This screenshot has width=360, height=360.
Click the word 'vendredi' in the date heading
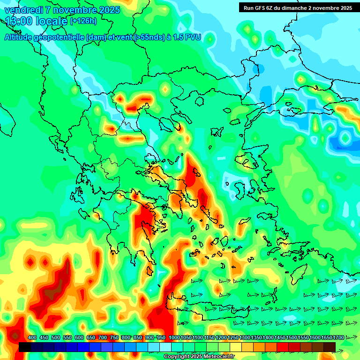coord(21,10)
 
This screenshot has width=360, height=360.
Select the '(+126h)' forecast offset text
coord(83,21)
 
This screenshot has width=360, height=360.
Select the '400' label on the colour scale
coord(32,337)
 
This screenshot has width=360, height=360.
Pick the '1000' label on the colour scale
coord(174,337)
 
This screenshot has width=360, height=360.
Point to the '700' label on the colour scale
coord(103,337)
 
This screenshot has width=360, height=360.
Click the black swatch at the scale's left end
coord(25,347)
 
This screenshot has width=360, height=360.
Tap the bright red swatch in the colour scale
coord(283,347)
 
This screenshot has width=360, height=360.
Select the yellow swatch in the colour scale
coord(236,347)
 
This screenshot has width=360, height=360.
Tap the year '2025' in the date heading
coord(106,10)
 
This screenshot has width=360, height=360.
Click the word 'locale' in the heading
coord(49,21)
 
